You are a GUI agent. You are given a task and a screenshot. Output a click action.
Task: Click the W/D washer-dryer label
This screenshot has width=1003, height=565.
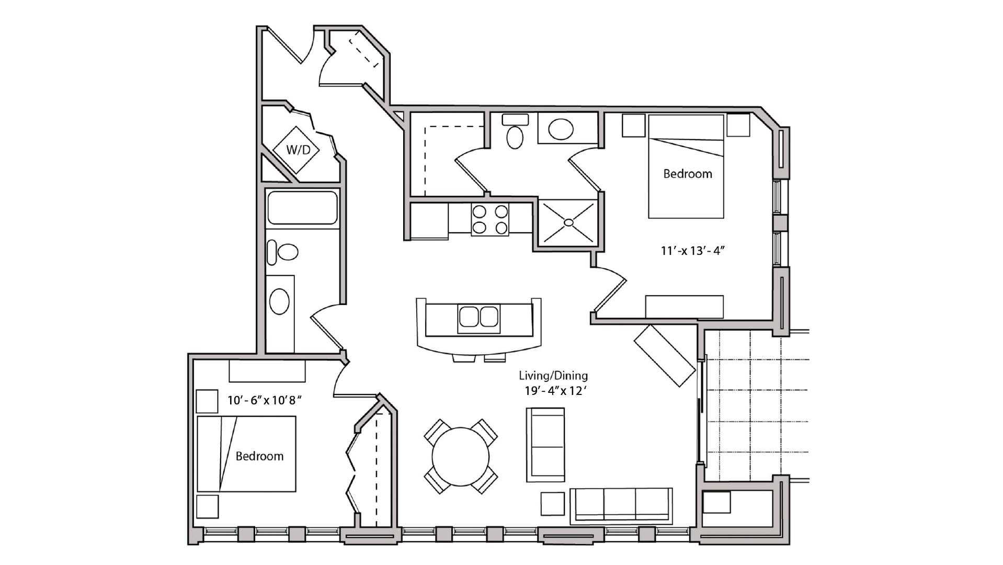click(x=298, y=150)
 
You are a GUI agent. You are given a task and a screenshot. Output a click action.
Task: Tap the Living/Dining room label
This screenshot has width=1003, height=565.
click(x=553, y=376)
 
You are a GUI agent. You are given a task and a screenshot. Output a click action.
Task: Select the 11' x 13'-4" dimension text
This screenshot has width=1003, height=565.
click(x=692, y=251)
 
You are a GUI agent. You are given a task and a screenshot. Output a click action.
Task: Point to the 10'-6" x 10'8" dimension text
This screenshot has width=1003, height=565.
click(x=265, y=400)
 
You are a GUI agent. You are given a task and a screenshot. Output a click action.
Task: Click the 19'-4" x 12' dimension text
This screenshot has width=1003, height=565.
click(x=555, y=391)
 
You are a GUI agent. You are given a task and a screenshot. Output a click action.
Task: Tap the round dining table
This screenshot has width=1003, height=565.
click(x=461, y=457)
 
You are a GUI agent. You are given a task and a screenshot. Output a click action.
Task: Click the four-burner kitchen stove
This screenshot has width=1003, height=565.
click(x=490, y=220)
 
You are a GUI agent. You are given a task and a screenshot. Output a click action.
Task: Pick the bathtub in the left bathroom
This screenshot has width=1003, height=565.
click(x=302, y=208)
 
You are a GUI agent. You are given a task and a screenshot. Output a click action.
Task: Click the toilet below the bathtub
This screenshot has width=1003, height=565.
click(x=282, y=253)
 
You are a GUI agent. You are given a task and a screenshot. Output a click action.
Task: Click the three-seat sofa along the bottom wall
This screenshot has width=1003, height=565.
click(x=621, y=505)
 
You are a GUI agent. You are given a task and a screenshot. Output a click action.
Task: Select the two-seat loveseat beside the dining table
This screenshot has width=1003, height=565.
click(x=545, y=445)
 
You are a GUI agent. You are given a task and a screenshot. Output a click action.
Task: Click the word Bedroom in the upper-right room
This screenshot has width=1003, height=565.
click(x=688, y=174)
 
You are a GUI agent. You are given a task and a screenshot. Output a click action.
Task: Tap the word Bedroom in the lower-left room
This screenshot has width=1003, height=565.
click(x=259, y=456)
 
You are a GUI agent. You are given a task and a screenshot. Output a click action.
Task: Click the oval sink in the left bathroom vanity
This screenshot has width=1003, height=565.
click(x=279, y=302)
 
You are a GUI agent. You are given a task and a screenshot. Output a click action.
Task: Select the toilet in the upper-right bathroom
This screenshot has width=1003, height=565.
click(x=515, y=131)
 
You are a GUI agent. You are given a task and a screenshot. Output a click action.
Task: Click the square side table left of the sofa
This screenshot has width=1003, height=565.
click(x=553, y=504)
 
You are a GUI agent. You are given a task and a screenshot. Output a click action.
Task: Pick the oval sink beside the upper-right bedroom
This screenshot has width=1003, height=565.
click(x=561, y=129)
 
